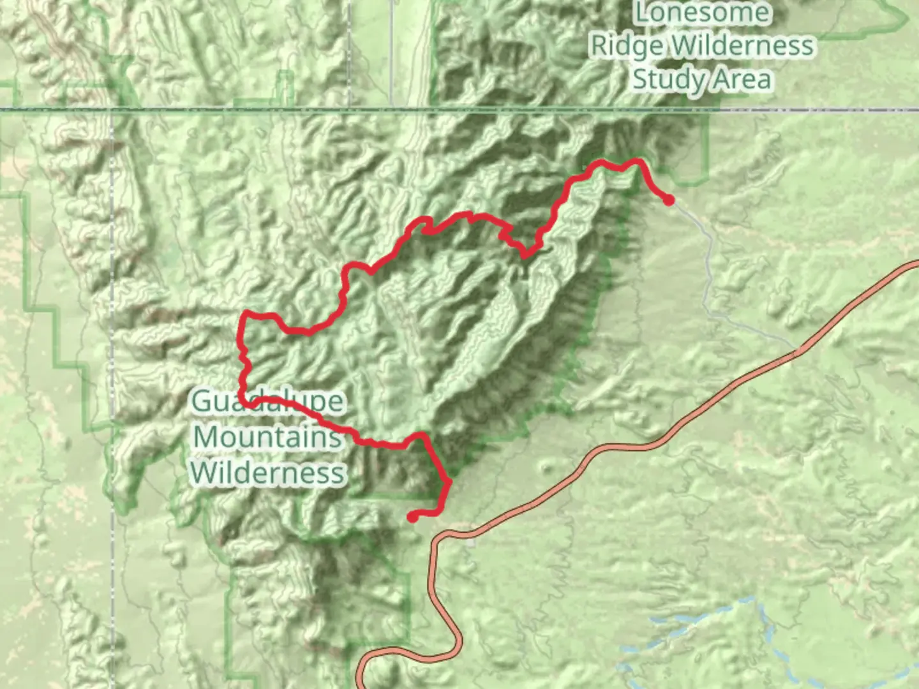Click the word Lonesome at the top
click(702, 13)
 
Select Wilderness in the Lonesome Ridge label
click(743, 46)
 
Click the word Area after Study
click(742, 79)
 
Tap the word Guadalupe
click(268, 402)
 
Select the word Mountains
click(267, 438)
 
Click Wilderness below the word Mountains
click(268, 473)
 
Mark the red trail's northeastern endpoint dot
click(668, 200)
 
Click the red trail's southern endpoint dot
click(413, 517)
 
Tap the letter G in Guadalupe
click(202, 402)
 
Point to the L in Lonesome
click(642, 13)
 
